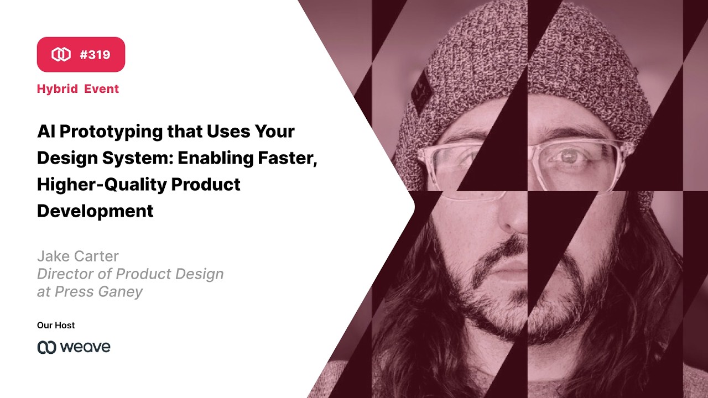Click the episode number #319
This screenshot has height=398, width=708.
click(x=95, y=55)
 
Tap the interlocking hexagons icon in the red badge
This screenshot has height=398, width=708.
click(x=61, y=55)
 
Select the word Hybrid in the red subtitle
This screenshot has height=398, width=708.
click(x=57, y=89)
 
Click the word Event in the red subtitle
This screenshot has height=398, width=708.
click(x=102, y=89)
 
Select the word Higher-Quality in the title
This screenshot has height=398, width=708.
click(x=100, y=185)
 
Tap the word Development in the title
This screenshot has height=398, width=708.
click(x=95, y=211)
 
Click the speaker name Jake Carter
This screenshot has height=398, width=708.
click(x=77, y=256)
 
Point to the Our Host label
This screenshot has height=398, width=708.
click(x=56, y=325)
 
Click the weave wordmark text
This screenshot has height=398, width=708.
click(x=85, y=347)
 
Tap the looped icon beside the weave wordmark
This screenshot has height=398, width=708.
click(x=46, y=347)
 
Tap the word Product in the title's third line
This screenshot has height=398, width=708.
click(x=206, y=185)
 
